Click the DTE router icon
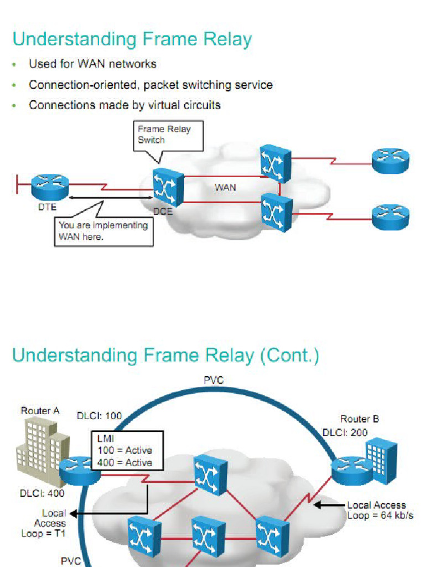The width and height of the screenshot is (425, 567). (50, 186)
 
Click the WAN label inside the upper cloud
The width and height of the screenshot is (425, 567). (225, 188)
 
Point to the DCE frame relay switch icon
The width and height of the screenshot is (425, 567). (168, 187)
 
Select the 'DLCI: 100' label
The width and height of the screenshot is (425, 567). (99, 416)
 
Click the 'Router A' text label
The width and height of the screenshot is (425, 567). (40, 410)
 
